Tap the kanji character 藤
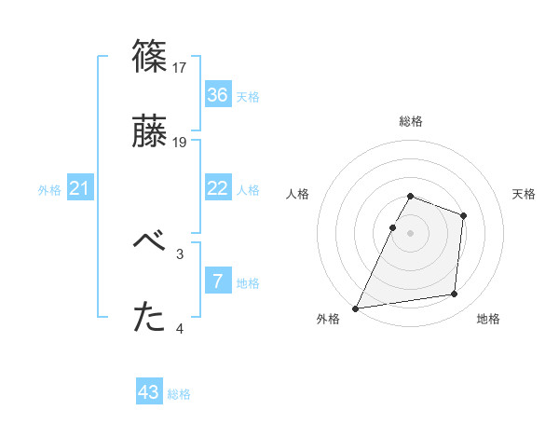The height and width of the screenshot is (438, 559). click(x=149, y=132)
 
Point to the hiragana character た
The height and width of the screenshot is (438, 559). click(x=149, y=318)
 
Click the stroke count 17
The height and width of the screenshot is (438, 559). click(x=181, y=67)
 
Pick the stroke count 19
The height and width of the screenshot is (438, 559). click(x=181, y=143)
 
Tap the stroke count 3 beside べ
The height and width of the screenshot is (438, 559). click(x=180, y=253)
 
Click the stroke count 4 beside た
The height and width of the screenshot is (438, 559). click(x=180, y=328)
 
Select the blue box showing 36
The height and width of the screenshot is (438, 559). click(x=217, y=95)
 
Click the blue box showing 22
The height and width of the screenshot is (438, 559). click(x=217, y=188)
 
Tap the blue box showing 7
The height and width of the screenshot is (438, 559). click(x=217, y=281)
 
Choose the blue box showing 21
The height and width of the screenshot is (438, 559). click(x=80, y=188)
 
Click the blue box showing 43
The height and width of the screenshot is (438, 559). click(x=149, y=392)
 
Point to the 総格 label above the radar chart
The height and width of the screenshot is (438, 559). click(x=411, y=121)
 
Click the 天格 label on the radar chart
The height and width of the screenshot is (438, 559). click(x=525, y=194)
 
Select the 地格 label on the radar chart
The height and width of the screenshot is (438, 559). click(x=488, y=319)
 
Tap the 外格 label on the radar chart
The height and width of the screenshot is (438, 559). click(x=328, y=319)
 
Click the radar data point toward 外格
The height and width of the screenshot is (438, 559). click(x=356, y=308)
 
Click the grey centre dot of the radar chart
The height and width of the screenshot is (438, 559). click(x=410, y=232)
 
